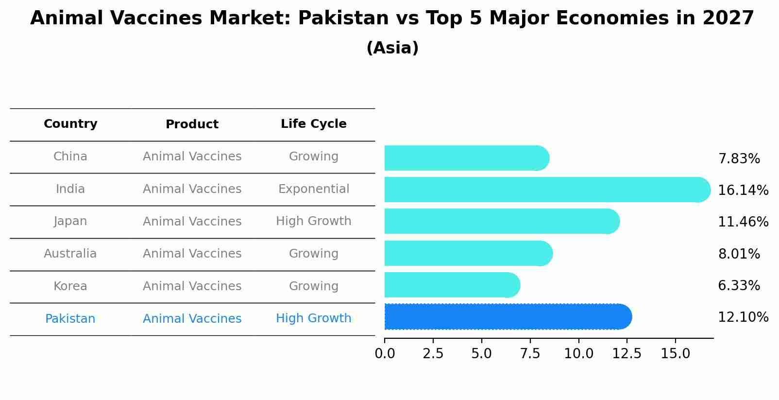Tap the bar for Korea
pyautogui.click(x=452, y=285)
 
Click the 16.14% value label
pyautogui.click(x=743, y=190)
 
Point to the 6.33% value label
pyautogui.click(x=739, y=285)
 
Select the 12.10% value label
pyautogui.click(x=743, y=317)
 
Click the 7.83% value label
pyautogui.click(x=739, y=158)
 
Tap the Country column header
pyautogui.click(x=70, y=124)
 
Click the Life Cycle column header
pyautogui.click(x=313, y=124)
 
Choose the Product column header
pyautogui.click(x=192, y=124)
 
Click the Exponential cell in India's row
pyautogui.click(x=313, y=189)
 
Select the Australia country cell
pyautogui.click(x=70, y=254)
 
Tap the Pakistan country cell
pyautogui.click(x=70, y=319)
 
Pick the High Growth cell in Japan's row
pyautogui.click(x=313, y=221)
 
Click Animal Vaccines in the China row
pyautogui.click(x=192, y=157)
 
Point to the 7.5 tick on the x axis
pyautogui.click(x=530, y=353)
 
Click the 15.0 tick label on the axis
pyautogui.click(x=675, y=353)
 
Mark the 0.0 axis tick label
pyautogui.click(x=385, y=353)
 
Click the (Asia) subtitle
pyautogui.click(x=392, y=48)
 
